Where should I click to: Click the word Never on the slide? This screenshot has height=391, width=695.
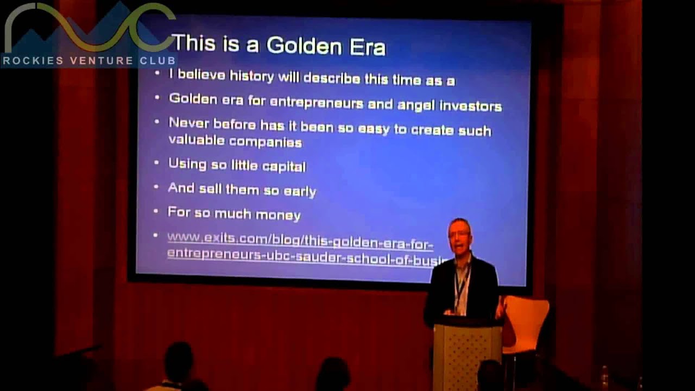(188, 123)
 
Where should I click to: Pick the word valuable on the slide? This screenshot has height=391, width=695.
(196, 141)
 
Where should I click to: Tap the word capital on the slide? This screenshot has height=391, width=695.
(284, 166)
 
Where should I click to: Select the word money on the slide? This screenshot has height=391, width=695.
(279, 215)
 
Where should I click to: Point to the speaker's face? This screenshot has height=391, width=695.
(459, 237)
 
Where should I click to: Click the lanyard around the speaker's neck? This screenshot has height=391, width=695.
(462, 282)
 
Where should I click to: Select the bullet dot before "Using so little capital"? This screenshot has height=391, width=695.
(156, 163)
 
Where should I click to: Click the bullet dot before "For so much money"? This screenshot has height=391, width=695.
(156, 211)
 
